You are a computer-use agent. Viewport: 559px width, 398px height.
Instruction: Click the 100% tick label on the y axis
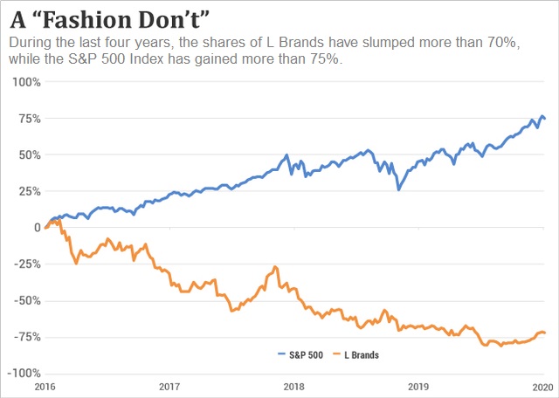coord(24,82)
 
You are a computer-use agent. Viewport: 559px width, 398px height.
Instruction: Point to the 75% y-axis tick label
coord(27,118)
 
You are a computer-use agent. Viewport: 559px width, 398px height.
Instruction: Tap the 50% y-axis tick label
coord(27,154)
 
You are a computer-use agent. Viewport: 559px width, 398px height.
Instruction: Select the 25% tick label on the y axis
coord(27,191)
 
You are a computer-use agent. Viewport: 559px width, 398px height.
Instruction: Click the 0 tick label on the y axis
coord(36,228)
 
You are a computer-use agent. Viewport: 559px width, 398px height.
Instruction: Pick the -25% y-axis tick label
coord(25,264)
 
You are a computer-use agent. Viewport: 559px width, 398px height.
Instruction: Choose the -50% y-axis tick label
coord(25,301)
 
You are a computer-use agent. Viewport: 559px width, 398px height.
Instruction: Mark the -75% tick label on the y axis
coord(25,337)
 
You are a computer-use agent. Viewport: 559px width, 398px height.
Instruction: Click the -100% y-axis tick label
coord(23,373)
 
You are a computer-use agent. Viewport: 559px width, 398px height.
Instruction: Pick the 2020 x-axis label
coord(541,385)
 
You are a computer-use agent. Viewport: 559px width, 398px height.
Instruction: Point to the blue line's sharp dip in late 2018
coord(399,189)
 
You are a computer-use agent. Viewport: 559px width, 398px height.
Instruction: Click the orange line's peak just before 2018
coord(275,267)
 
